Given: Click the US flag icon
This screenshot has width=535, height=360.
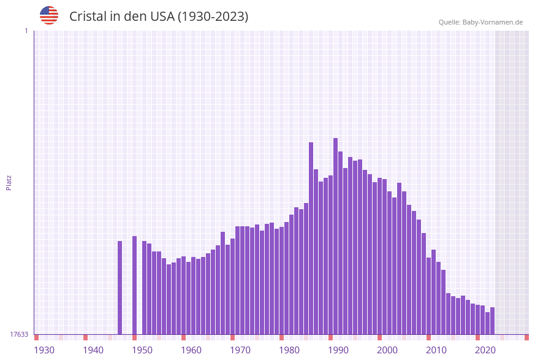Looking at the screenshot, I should pyautogui.click(x=49, y=15).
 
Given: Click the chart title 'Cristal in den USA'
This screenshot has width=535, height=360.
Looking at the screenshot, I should pyautogui.click(x=159, y=17).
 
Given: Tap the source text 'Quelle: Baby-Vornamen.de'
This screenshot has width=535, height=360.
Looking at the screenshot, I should pyautogui.click(x=480, y=22).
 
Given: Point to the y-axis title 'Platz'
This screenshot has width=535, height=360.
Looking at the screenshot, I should pyautogui.click(x=9, y=182).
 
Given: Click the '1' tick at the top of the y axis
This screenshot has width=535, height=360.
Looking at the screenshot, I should pyautogui.click(x=26, y=31).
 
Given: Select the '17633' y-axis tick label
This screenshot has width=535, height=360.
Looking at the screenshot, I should pyautogui.click(x=19, y=334).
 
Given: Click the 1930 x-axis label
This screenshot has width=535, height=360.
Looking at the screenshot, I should pyautogui.click(x=44, y=350).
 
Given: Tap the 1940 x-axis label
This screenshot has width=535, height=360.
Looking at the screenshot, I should pyautogui.click(x=93, y=350).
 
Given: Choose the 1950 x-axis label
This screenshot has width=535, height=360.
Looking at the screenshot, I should pyautogui.click(x=142, y=350).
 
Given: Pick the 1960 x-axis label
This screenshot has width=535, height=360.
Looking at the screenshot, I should pyautogui.click(x=191, y=350).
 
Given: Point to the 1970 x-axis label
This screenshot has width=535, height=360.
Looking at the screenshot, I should pyautogui.click(x=240, y=350).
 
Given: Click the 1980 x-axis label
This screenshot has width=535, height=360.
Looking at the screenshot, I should pyautogui.click(x=289, y=350).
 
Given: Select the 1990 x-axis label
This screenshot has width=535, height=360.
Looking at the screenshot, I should pyautogui.click(x=338, y=350).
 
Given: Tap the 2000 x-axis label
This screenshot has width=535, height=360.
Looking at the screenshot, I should pyautogui.click(x=387, y=350).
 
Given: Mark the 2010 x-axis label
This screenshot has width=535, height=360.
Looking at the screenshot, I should pyautogui.click(x=436, y=350).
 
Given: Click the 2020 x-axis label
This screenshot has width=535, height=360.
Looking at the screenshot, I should pyautogui.click(x=485, y=350).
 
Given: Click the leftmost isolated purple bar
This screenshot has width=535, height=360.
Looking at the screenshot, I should pyautogui.click(x=120, y=288).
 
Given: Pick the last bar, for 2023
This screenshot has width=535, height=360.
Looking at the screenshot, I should pyautogui.click(x=492, y=321).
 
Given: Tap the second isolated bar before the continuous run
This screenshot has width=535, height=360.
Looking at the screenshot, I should pyautogui.click(x=134, y=285).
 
